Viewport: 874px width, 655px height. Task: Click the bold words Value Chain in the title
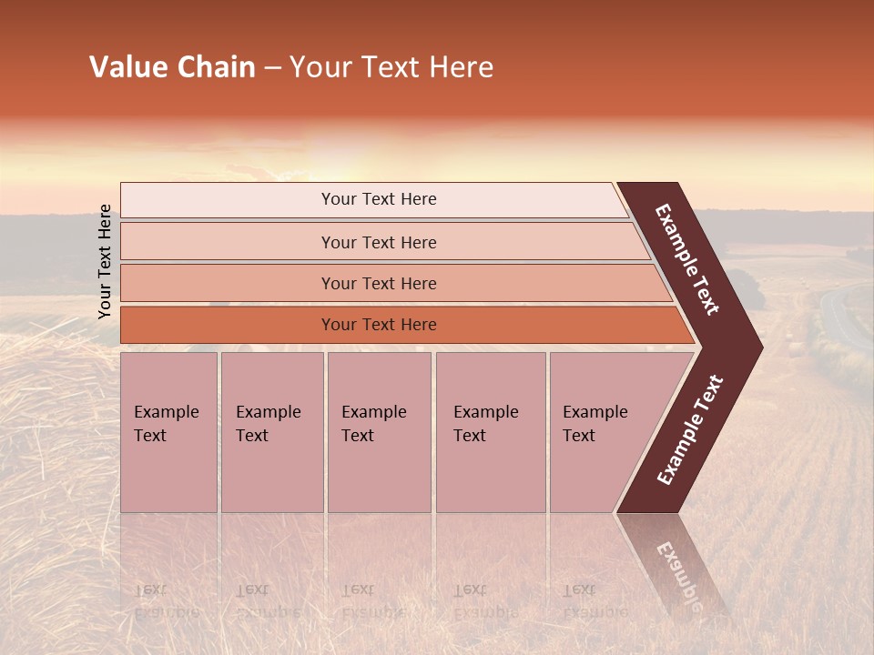pos(172,67)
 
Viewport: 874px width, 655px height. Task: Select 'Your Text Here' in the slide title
pos(391,67)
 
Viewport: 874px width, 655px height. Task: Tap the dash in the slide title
pos(272,68)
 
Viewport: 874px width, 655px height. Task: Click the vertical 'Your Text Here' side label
pos(105,261)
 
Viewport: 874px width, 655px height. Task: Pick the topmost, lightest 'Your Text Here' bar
pos(379,199)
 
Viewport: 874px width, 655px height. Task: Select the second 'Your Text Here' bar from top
pos(379,242)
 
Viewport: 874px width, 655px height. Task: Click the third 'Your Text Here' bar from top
pos(379,283)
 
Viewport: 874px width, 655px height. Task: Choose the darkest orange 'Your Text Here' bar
pos(379,325)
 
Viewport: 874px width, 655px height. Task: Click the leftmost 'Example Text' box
pos(168,432)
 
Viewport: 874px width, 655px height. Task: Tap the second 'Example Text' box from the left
pos(271,432)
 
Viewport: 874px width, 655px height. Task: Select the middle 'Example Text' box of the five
pos(379,432)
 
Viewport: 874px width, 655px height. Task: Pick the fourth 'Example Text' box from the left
pos(491,432)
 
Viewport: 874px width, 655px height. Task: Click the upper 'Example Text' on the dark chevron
pos(687,259)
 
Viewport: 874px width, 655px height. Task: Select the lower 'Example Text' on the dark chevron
pos(689,430)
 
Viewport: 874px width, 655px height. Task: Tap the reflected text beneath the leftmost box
pos(166,601)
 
